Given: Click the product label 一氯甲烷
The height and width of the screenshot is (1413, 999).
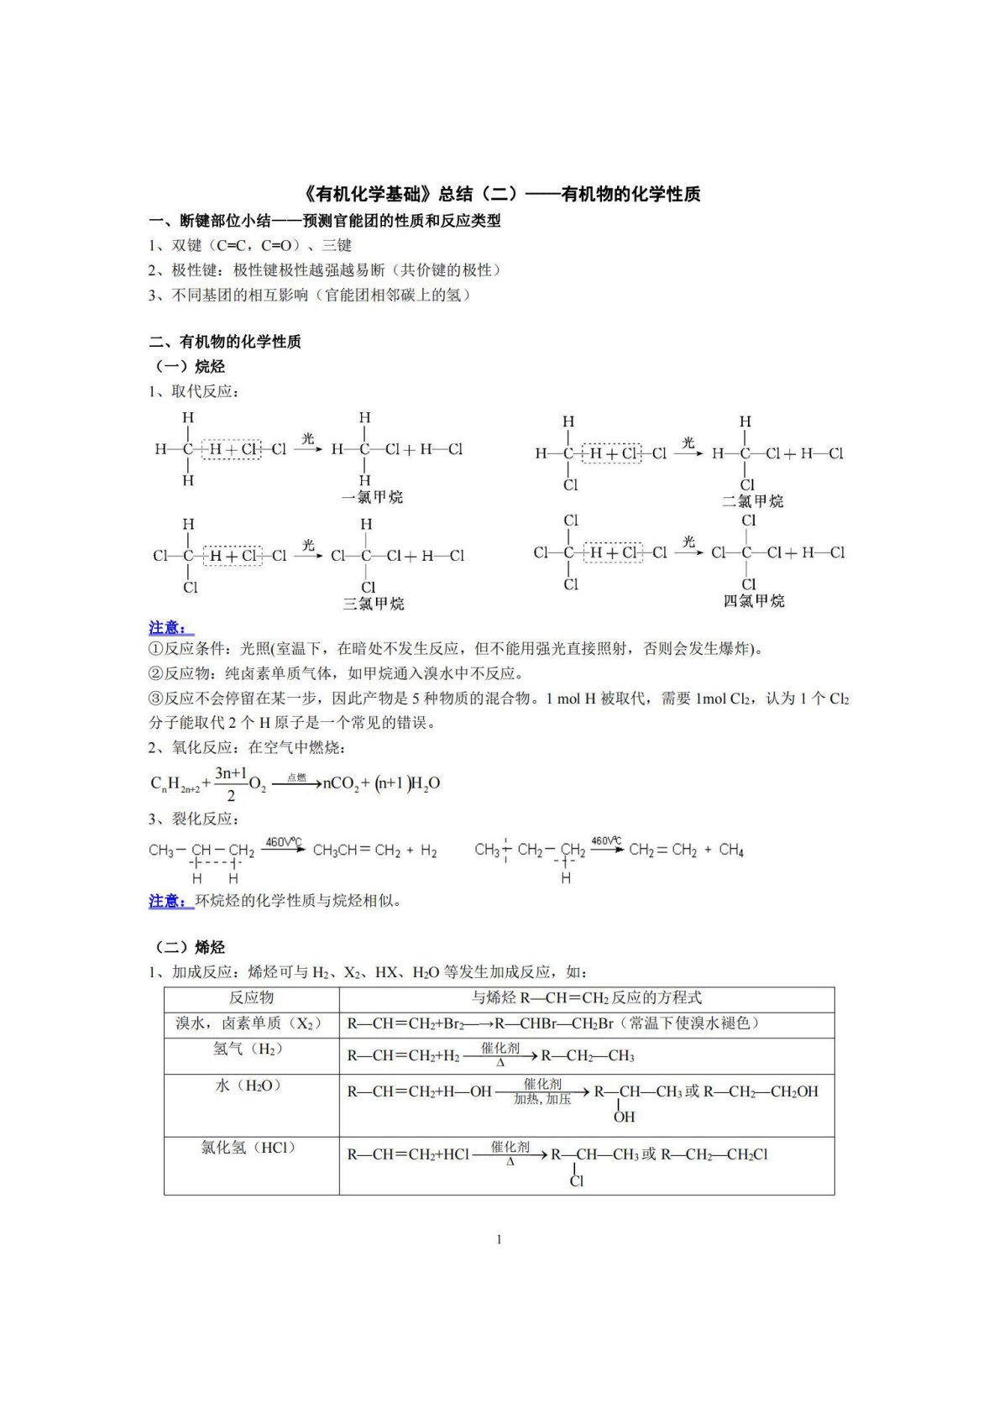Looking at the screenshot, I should point(372,497).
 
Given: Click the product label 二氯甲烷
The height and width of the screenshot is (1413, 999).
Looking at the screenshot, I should point(752,501).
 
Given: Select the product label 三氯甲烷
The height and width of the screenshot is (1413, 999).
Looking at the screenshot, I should point(373,604).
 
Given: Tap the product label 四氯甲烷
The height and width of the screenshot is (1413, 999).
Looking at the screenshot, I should point(754,601).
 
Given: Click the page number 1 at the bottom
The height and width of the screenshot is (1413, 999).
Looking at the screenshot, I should point(499,1239).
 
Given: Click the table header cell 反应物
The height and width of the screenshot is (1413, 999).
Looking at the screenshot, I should point(251,997).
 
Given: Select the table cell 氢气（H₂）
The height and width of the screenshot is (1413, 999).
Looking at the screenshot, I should point(249,1049).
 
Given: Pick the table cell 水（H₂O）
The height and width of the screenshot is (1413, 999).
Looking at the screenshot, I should point(249,1086).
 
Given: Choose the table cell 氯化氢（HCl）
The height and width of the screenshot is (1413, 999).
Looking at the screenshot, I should point(249,1148).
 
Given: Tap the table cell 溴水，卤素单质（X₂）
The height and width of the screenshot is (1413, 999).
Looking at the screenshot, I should point(249,1023).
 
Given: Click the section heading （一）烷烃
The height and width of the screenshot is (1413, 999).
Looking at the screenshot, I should point(190,367).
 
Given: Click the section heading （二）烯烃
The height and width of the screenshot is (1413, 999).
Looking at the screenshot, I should point(190,947).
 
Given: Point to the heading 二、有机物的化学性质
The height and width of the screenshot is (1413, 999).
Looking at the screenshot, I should point(225,342).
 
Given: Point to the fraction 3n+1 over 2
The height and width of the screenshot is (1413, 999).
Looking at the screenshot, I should point(231,783).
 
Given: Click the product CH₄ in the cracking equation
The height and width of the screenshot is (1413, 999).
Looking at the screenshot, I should point(731,850).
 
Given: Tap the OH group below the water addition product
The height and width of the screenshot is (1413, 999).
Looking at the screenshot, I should point(624,1117).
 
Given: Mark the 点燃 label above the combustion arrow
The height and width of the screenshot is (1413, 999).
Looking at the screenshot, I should point(296,777).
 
